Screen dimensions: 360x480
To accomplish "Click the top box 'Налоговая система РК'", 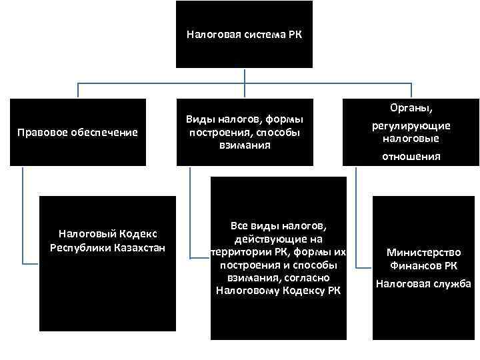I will pyautogui.click(x=244, y=33).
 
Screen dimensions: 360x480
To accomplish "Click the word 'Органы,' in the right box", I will pyautogui.click(x=411, y=107).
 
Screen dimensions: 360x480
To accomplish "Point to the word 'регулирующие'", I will pyautogui.click(x=411, y=125).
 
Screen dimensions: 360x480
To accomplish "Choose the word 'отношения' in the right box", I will pyautogui.click(x=411, y=157).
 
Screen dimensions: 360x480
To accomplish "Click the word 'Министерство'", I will pyautogui.click(x=423, y=253).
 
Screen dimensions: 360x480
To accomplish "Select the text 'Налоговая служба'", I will pyautogui.click(x=423, y=283).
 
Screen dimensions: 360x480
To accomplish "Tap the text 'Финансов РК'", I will pyautogui.click(x=423, y=266).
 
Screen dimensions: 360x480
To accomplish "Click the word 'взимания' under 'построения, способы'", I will pyautogui.click(x=244, y=145).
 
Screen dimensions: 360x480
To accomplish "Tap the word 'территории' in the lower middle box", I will pyautogui.click(x=235, y=252).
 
